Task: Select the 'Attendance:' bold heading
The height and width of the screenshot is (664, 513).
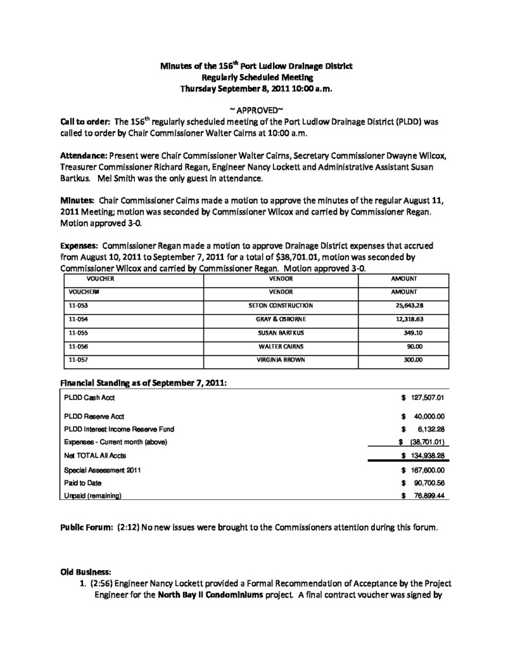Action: click(x=84, y=156)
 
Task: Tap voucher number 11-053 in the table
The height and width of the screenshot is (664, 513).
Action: click(x=78, y=305)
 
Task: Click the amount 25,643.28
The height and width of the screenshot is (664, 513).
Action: click(x=409, y=305)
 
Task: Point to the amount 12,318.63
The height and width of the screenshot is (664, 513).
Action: click(x=409, y=319)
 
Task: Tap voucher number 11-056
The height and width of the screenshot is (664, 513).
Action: click(x=78, y=346)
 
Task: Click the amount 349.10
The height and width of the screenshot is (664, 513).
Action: click(x=413, y=333)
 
